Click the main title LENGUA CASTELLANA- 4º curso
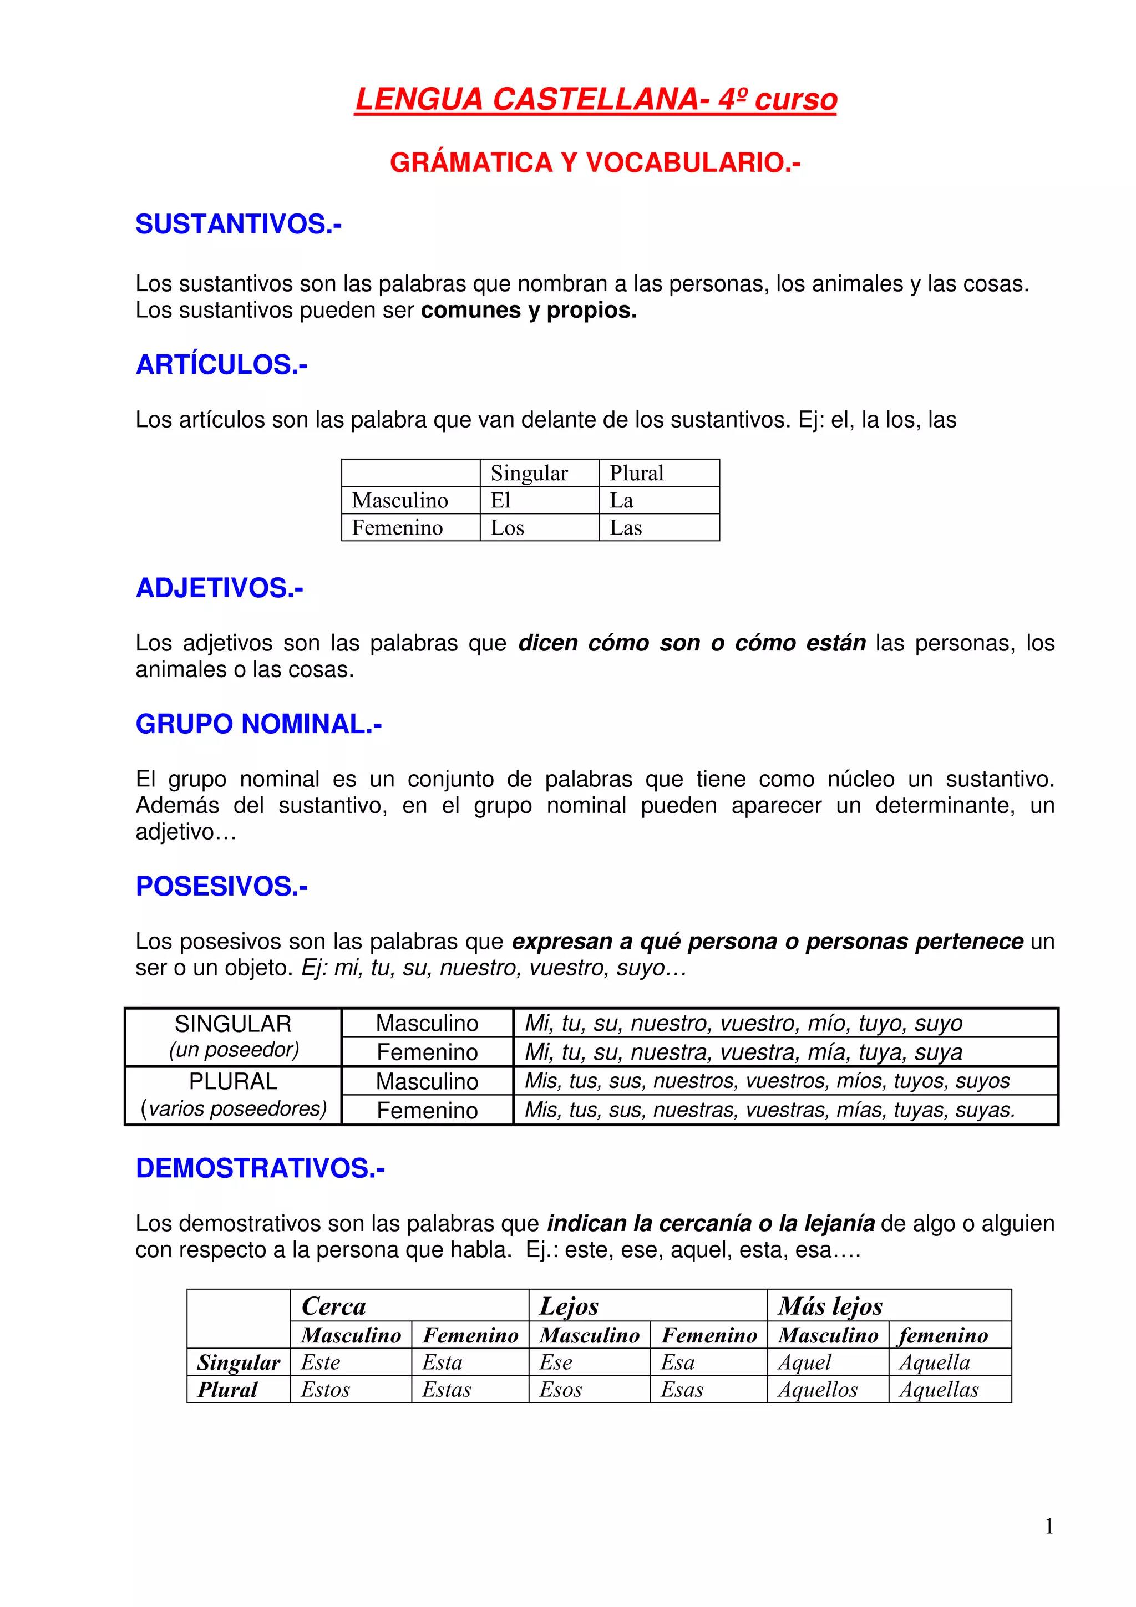coord(596,99)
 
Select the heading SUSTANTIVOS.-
coord(238,224)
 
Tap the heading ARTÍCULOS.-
coord(221,365)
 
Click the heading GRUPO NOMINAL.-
coord(258,724)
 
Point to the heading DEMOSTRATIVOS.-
coord(260,1168)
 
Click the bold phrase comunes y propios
coord(529,310)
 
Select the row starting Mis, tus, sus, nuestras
coord(769,1110)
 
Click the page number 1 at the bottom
coord(1048,1527)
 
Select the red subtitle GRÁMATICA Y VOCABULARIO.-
coord(595,162)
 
